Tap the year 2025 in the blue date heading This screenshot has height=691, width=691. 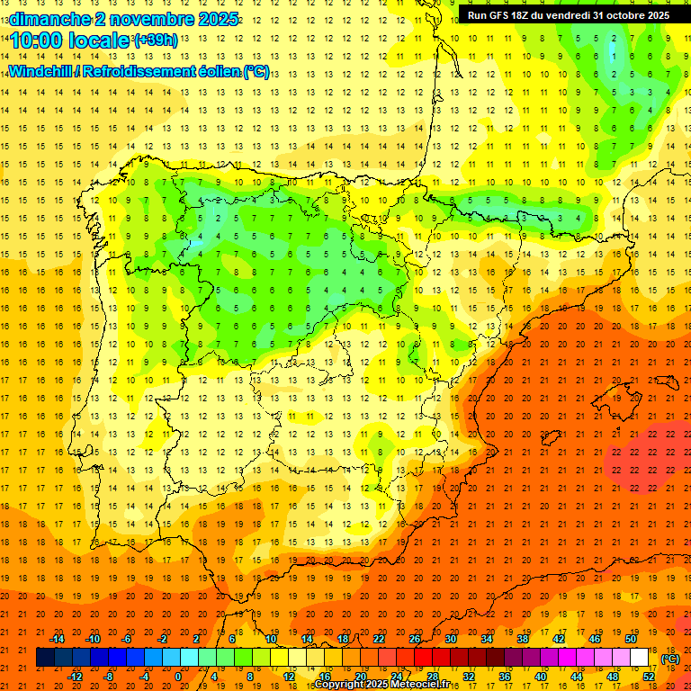click(217, 19)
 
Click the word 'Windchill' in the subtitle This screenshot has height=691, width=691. click(43, 72)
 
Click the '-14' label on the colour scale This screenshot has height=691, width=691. click(57, 638)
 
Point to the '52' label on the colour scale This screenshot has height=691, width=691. click(649, 676)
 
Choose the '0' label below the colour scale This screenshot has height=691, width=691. click(178, 676)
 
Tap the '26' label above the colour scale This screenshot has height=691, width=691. click(415, 638)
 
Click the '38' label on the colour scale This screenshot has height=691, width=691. click(523, 638)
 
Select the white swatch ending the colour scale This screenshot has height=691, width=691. click(639, 658)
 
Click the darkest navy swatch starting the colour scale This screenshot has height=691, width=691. click(45, 658)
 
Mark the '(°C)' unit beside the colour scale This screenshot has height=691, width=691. click(669, 659)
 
